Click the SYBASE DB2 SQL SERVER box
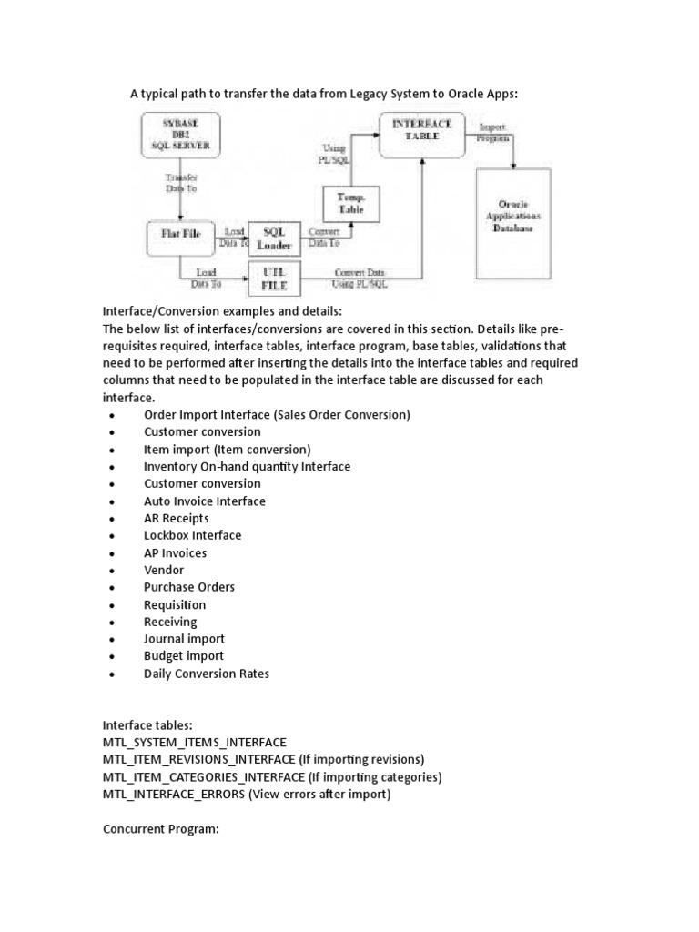[180, 137]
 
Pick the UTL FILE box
[274, 279]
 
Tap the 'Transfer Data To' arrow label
[179, 182]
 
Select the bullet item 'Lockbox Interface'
[192, 535]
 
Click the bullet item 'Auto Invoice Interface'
[204, 501]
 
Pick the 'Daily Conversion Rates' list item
[206, 674]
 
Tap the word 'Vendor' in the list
[164, 570]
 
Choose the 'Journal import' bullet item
[184, 639]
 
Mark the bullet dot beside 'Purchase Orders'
[111, 588]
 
